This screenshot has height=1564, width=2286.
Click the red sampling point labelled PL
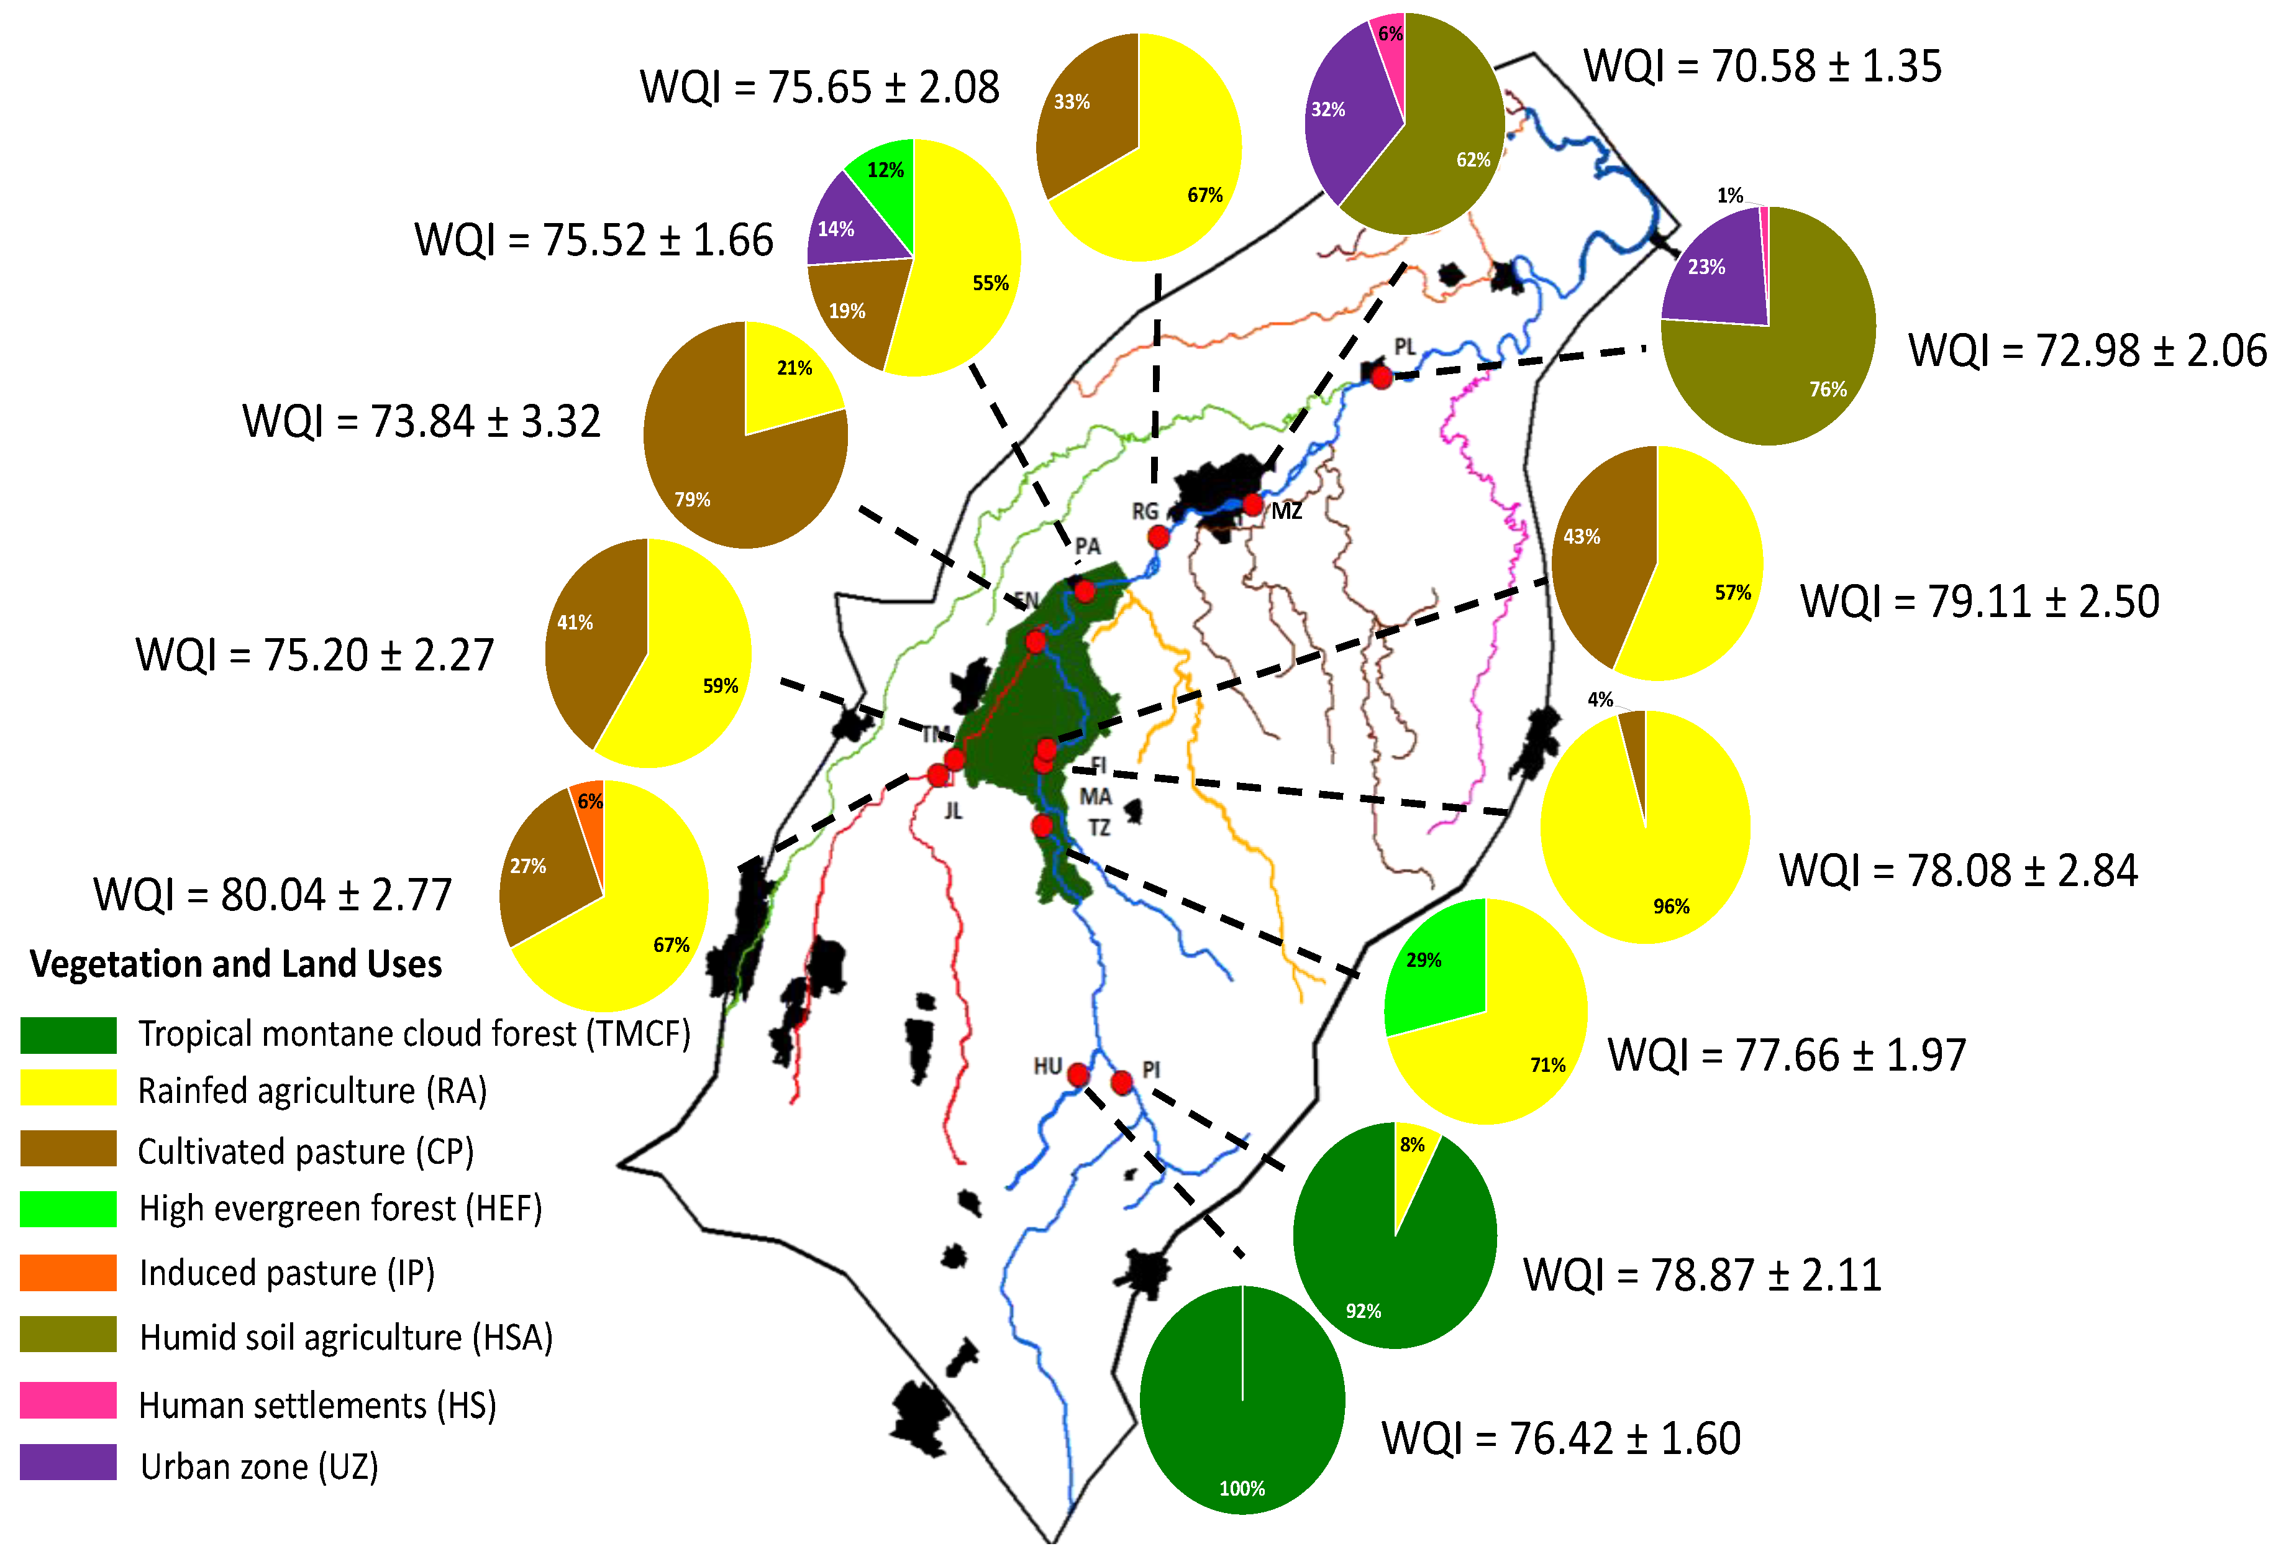tap(1381, 377)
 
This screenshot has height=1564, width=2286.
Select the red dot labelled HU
tap(1078, 1074)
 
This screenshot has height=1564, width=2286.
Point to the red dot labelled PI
tap(1121, 1082)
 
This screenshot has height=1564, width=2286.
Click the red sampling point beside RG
tap(1159, 537)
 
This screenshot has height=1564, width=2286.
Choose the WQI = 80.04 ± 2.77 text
tap(273, 895)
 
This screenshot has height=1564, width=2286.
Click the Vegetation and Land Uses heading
tap(236, 964)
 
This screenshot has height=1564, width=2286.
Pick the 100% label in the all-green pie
tap(1241, 1488)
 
